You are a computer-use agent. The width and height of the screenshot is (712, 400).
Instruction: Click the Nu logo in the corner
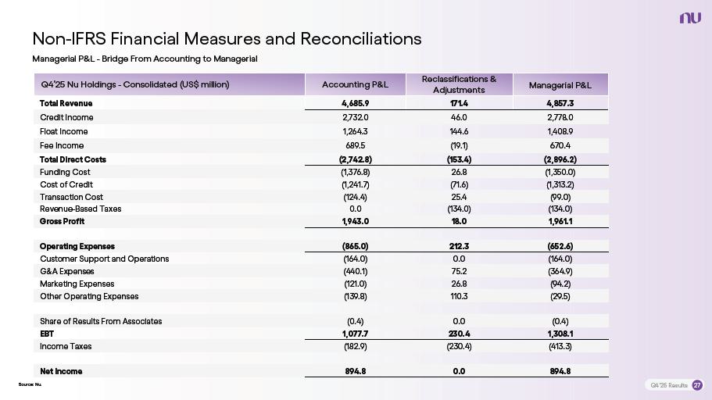[x=690, y=18]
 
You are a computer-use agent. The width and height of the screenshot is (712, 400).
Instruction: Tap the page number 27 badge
[x=697, y=385]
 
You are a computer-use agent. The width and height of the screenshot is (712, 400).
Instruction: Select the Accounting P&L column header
[x=355, y=84]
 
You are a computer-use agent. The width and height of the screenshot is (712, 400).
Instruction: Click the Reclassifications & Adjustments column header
[x=459, y=84]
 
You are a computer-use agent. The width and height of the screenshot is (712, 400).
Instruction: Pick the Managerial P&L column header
[x=560, y=84]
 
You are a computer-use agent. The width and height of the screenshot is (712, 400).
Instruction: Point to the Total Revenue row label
[x=66, y=103]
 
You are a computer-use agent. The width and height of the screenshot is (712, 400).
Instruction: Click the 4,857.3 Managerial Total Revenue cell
[x=560, y=103]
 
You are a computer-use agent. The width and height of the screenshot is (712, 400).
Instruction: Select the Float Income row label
[x=63, y=131]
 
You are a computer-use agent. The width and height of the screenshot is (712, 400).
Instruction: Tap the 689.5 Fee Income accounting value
[x=355, y=145]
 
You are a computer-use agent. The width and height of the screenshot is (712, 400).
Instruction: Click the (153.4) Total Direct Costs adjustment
[x=459, y=159]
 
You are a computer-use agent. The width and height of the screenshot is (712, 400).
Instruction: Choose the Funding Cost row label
[x=65, y=172]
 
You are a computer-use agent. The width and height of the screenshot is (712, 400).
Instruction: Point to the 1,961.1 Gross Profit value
[x=560, y=221]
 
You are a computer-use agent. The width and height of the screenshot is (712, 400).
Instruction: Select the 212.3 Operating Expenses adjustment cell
[x=459, y=246]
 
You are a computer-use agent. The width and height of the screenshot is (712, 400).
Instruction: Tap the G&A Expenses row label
[x=66, y=271]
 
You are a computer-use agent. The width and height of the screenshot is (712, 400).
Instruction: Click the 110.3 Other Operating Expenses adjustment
[x=459, y=296]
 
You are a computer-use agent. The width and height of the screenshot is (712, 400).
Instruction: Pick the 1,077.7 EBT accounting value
[x=355, y=334]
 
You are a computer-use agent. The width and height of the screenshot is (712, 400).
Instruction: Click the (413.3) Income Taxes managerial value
[x=560, y=346]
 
